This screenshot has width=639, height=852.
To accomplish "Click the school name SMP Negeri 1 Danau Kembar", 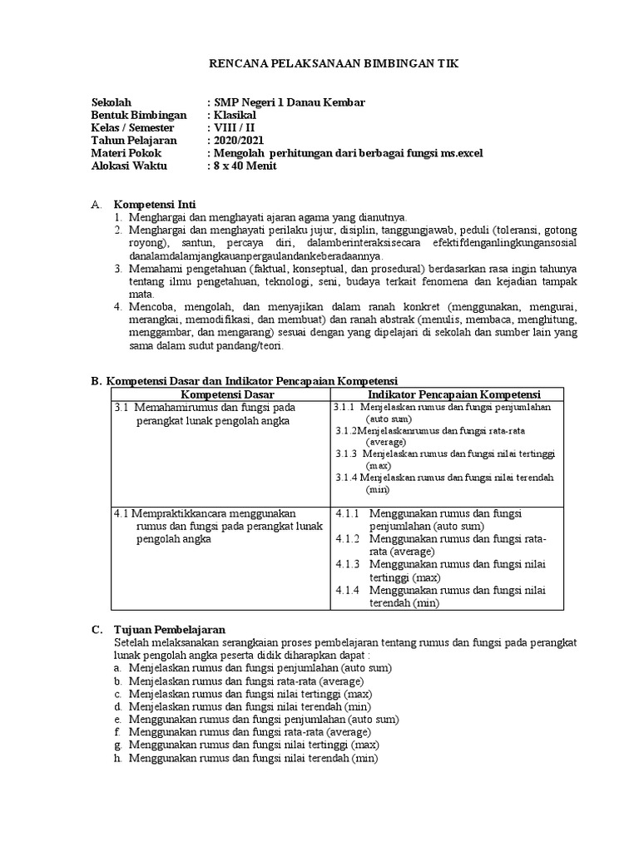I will tap(287, 102).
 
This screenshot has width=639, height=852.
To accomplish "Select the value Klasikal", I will tap(236, 115).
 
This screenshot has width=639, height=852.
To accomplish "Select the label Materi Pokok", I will tap(126, 153).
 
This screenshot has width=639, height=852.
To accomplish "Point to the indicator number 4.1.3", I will tap(348, 564).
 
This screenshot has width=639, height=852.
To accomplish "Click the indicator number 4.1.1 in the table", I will tap(348, 514).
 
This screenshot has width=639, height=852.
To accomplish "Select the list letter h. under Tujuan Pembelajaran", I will tap(120, 759).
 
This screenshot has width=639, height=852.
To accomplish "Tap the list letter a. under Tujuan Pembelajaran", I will tap(120, 668).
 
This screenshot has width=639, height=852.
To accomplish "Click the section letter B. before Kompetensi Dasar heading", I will tap(95, 380).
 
